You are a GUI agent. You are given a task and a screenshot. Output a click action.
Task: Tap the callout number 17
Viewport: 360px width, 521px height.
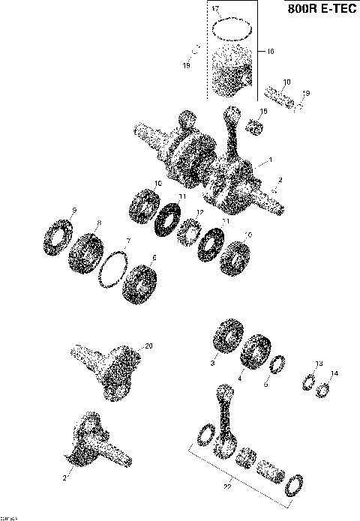tap(215, 8)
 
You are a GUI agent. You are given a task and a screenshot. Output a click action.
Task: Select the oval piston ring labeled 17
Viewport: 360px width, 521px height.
tap(230, 28)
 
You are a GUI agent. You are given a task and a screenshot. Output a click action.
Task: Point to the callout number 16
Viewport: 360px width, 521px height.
tap(271, 52)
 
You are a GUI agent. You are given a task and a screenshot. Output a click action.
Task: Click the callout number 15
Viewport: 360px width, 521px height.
tap(263, 111)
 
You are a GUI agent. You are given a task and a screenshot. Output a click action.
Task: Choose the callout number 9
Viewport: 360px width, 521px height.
tap(74, 209)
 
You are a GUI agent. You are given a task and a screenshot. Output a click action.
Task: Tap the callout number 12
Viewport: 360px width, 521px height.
tap(199, 213)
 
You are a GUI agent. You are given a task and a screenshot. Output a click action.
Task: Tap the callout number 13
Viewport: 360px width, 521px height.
tap(318, 364)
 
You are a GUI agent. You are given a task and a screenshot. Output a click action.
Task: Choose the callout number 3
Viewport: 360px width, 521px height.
tap(212, 363)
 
